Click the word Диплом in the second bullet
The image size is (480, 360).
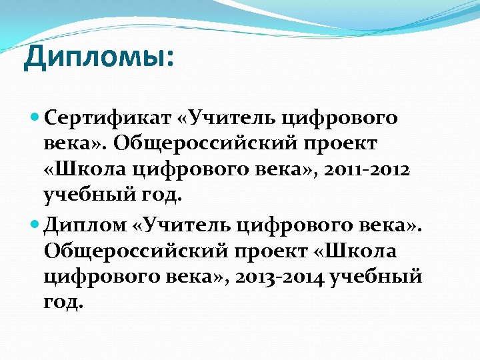pyautogui.click(x=85, y=227)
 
